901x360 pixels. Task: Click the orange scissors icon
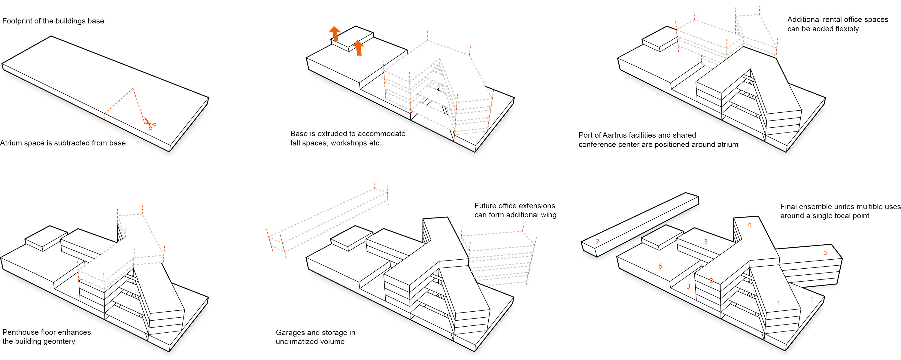[150, 123]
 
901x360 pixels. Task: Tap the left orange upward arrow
[335, 34]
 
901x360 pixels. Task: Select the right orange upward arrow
[358, 48]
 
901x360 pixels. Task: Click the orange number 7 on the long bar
[597, 241]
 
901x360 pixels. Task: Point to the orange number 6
[660, 266]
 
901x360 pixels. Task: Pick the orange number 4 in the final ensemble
[749, 225]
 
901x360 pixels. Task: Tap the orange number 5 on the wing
[825, 252]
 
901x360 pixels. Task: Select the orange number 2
[711, 281]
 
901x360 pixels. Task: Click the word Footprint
[17, 21]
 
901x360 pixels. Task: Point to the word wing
[548, 215]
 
